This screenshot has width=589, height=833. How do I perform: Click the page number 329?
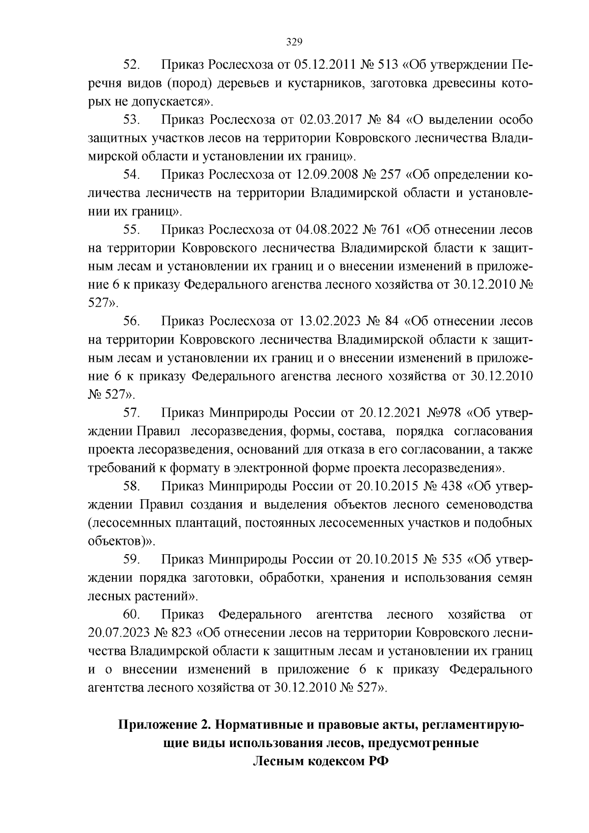pos(294,42)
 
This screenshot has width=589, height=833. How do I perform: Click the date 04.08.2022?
pos(325,230)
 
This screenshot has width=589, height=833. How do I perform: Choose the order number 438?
pos(452,486)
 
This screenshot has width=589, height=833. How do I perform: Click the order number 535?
pos(452,560)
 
